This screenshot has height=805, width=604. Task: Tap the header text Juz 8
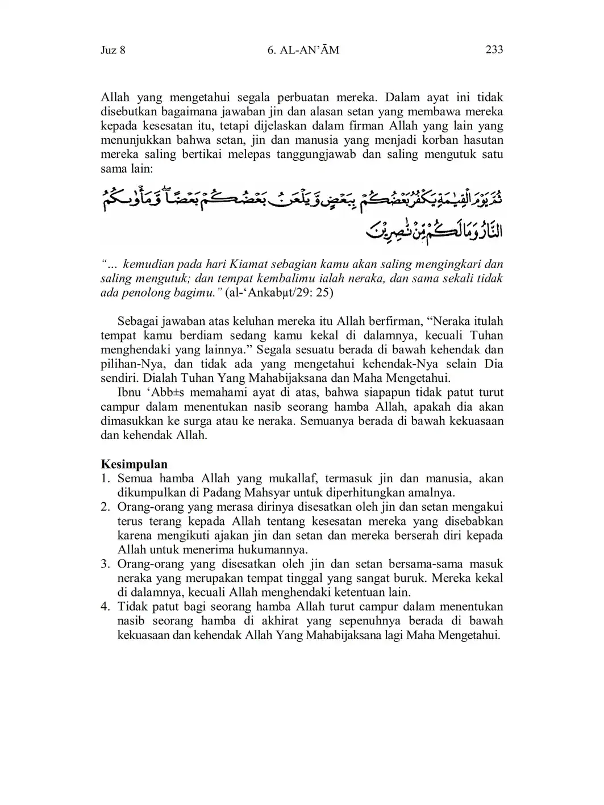(113, 51)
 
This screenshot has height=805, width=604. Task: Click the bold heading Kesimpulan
(134, 464)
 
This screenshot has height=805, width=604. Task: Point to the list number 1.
(105, 478)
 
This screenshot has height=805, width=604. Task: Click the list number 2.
(105, 507)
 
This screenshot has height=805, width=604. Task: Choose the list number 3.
(105, 564)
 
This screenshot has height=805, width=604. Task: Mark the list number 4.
(105, 607)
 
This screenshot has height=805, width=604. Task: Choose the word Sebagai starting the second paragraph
(137, 322)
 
